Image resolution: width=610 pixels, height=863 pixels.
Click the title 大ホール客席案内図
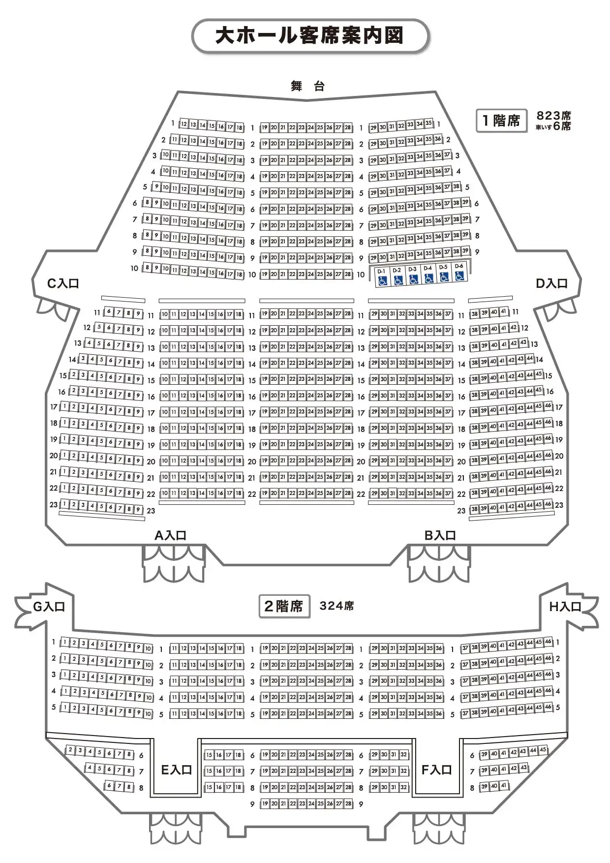[x=309, y=36]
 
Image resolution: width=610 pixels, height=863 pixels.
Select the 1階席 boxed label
[x=501, y=121]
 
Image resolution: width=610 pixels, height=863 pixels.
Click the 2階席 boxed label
[x=284, y=606]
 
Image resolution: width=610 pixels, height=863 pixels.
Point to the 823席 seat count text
[x=553, y=115]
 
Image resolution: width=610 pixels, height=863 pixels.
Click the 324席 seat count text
[x=336, y=606]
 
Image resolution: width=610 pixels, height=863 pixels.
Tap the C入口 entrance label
[x=63, y=283]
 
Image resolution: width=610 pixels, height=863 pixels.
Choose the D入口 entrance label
[x=551, y=283]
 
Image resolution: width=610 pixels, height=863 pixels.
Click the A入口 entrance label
[x=171, y=535]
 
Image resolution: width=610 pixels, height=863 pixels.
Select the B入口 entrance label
[x=440, y=535]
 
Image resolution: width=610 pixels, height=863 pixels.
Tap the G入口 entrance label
[x=49, y=607]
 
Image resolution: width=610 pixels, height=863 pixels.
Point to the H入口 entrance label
[x=565, y=607]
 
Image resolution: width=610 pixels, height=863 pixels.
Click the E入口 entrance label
[x=177, y=770]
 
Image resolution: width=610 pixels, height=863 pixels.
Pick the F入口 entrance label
[x=437, y=770]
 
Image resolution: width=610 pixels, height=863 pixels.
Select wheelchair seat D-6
[x=459, y=273]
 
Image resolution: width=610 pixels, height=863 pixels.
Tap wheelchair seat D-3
[x=413, y=276]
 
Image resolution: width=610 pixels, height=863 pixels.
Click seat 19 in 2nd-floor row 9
[x=265, y=804]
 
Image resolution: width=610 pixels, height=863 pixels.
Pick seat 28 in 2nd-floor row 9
[x=348, y=804]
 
